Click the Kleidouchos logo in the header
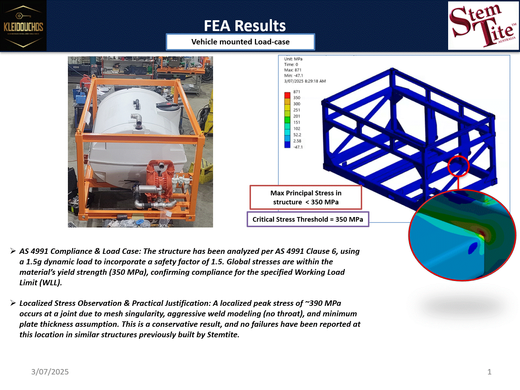(x=23, y=26)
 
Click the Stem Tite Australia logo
(x=483, y=26)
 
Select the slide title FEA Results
(x=244, y=26)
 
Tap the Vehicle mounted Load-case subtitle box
(x=240, y=42)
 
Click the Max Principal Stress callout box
(x=305, y=198)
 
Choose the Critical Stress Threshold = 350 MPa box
(x=308, y=219)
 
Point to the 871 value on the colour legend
(x=297, y=92)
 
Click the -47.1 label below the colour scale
(x=298, y=147)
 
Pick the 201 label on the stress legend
(x=297, y=116)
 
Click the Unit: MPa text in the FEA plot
(x=293, y=59)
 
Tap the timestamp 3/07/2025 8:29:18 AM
(x=305, y=81)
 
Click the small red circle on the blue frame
(x=458, y=166)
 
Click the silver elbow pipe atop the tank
(x=136, y=118)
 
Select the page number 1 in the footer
(x=489, y=372)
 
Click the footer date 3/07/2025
(x=50, y=372)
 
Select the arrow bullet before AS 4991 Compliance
(x=13, y=251)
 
